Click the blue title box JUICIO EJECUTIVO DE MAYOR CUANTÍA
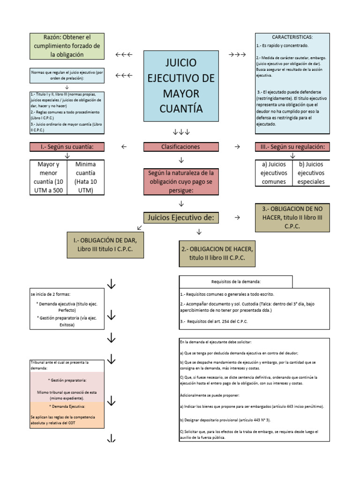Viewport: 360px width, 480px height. click(181, 86)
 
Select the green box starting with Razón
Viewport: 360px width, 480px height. click(67, 46)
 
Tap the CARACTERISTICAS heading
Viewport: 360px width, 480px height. click(292, 37)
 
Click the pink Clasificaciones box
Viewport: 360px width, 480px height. click(180, 147)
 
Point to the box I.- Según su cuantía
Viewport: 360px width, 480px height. click(67, 147)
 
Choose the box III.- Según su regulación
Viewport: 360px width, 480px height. click(292, 147)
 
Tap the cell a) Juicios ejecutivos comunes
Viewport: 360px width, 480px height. click(273, 173)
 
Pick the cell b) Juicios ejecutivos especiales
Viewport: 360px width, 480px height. click(311, 173)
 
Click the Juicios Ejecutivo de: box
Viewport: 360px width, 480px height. click(181, 217)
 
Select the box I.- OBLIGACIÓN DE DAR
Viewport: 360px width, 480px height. click(105, 245)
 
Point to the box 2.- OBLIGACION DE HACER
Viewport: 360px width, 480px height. click(218, 254)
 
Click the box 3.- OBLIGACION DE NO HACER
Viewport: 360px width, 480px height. click(292, 217)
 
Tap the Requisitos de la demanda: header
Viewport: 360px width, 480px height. click(236, 281)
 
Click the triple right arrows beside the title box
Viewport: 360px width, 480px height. click(237, 55)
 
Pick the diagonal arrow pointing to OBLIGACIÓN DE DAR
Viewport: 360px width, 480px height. click(140, 227)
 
